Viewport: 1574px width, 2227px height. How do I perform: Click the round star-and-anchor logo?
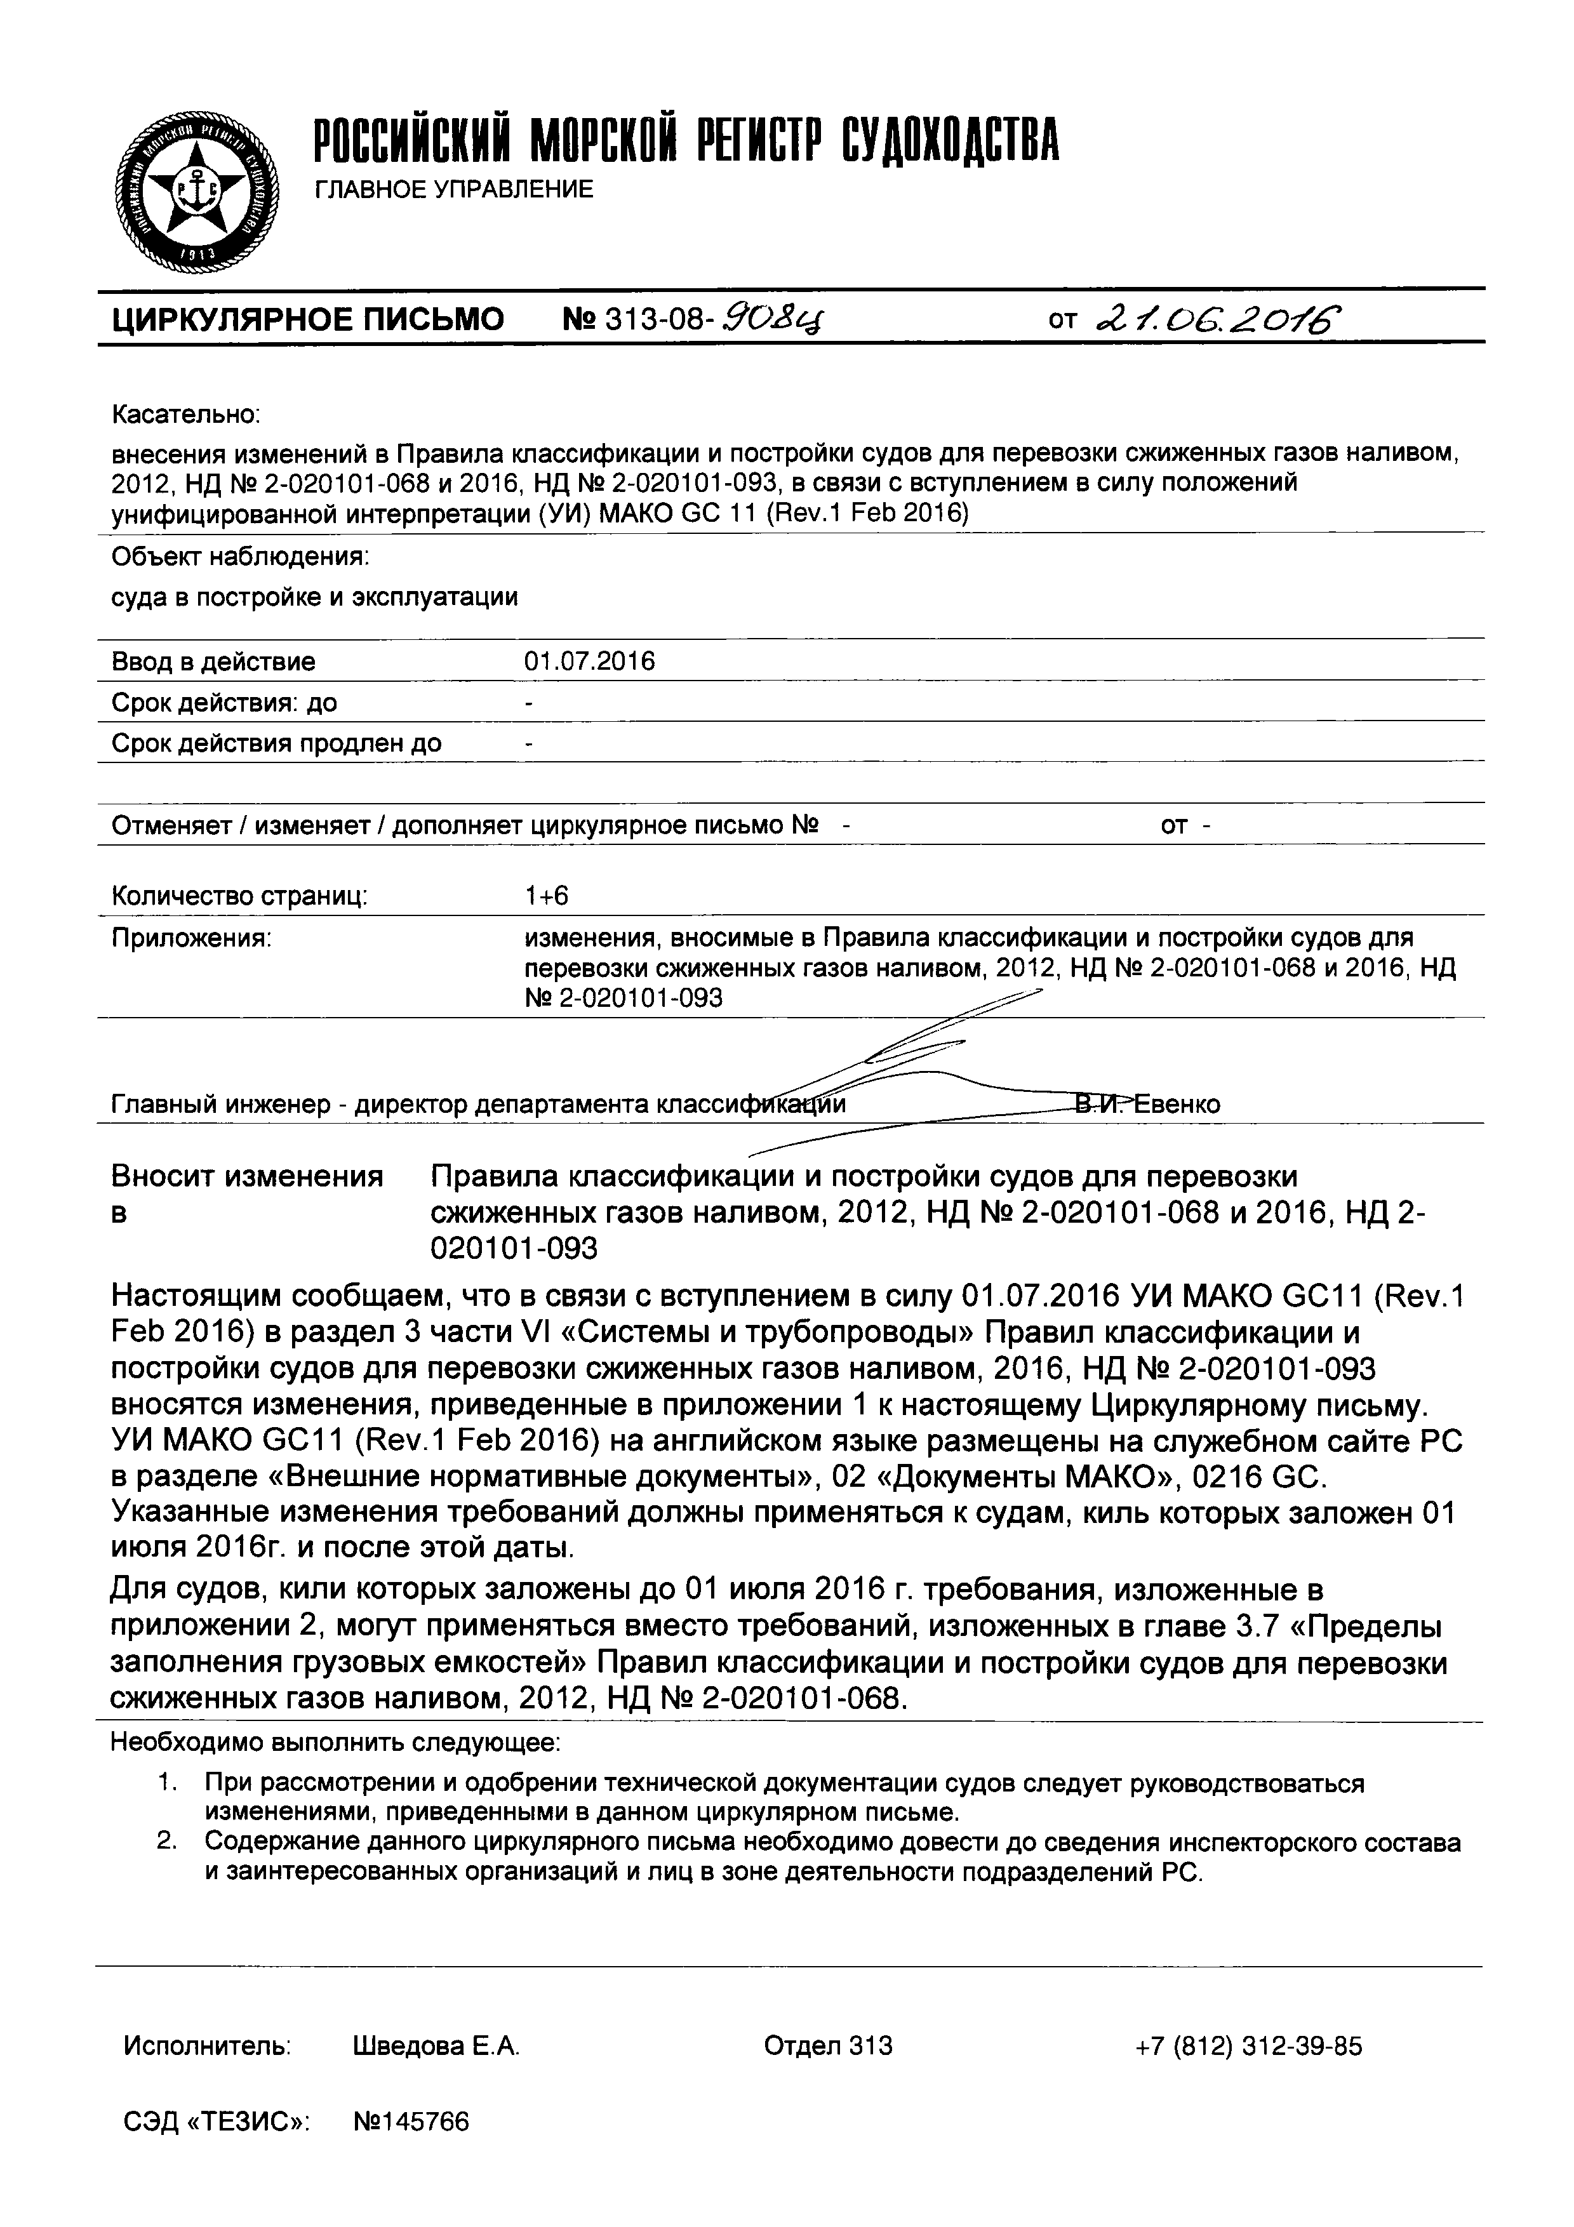click(x=197, y=193)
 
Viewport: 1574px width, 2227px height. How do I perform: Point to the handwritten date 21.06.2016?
click(x=1217, y=318)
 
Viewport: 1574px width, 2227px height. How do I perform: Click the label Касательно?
click(x=185, y=415)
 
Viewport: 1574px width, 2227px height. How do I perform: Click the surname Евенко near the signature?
click(x=1177, y=1104)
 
